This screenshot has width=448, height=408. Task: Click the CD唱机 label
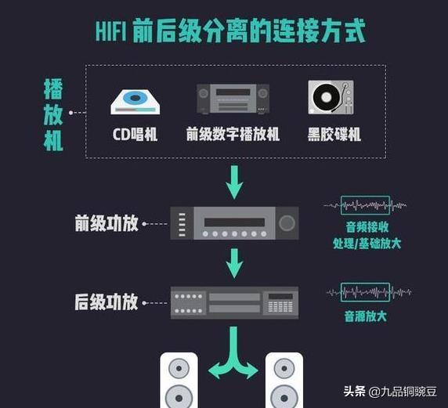[x=135, y=134]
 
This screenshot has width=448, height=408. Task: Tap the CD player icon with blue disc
[x=135, y=102]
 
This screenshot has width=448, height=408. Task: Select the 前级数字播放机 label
[x=233, y=134]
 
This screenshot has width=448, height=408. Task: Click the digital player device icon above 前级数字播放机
[x=233, y=99]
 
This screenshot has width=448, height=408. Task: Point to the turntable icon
[x=331, y=97]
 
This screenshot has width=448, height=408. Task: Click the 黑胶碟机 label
[x=334, y=134]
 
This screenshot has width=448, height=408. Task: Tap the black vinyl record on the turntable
[x=326, y=97]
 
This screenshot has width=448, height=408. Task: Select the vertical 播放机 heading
[x=53, y=114]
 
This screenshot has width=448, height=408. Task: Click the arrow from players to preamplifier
[x=234, y=182]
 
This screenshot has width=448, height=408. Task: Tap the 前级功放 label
[x=107, y=223]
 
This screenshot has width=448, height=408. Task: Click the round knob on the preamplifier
[x=287, y=223]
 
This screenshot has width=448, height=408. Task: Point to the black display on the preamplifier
[x=234, y=222]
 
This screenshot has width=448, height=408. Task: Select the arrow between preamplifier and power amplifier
[x=234, y=263]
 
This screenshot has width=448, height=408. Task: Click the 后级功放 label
[x=107, y=302]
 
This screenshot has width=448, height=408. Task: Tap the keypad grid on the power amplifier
[x=280, y=306]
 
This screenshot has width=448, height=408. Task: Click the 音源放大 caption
[x=366, y=316]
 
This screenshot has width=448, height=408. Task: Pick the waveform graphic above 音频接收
[x=365, y=205]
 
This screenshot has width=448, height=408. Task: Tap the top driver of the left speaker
[x=179, y=368]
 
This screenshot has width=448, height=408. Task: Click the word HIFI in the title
[x=111, y=31]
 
